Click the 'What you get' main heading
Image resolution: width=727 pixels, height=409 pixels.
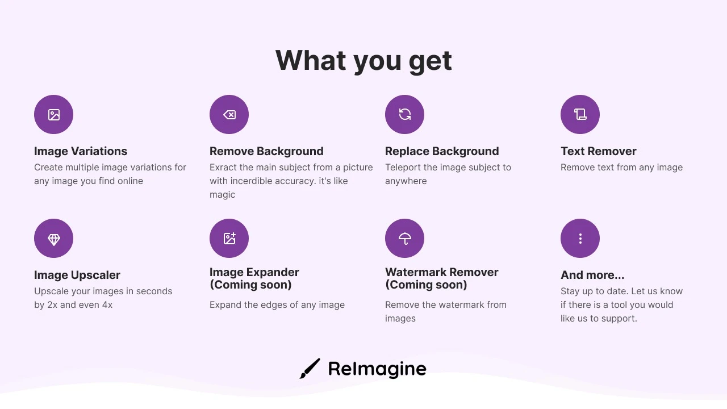click(363, 61)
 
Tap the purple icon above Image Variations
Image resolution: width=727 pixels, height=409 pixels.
click(53, 115)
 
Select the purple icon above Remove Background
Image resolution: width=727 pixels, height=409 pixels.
click(229, 115)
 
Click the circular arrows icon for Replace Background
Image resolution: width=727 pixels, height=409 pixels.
click(405, 115)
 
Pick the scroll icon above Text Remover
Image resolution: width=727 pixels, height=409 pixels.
click(580, 115)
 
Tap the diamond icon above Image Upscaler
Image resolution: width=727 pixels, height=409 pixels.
click(53, 239)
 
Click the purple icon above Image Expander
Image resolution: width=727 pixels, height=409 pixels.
click(229, 239)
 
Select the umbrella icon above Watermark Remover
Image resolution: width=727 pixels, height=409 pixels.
click(405, 239)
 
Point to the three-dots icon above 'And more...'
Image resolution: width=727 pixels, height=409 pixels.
click(580, 239)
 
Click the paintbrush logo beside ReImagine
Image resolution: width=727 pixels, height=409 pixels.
click(310, 369)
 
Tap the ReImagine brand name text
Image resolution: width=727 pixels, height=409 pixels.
click(377, 369)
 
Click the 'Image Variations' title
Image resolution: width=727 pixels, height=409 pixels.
click(81, 151)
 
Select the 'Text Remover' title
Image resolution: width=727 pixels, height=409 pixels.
click(599, 151)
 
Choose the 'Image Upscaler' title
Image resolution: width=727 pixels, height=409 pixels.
click(77, 276)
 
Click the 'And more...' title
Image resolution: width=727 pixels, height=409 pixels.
click(592, 276)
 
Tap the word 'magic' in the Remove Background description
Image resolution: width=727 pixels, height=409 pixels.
click(222, 195)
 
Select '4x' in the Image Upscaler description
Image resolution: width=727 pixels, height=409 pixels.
click(107, 305)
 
